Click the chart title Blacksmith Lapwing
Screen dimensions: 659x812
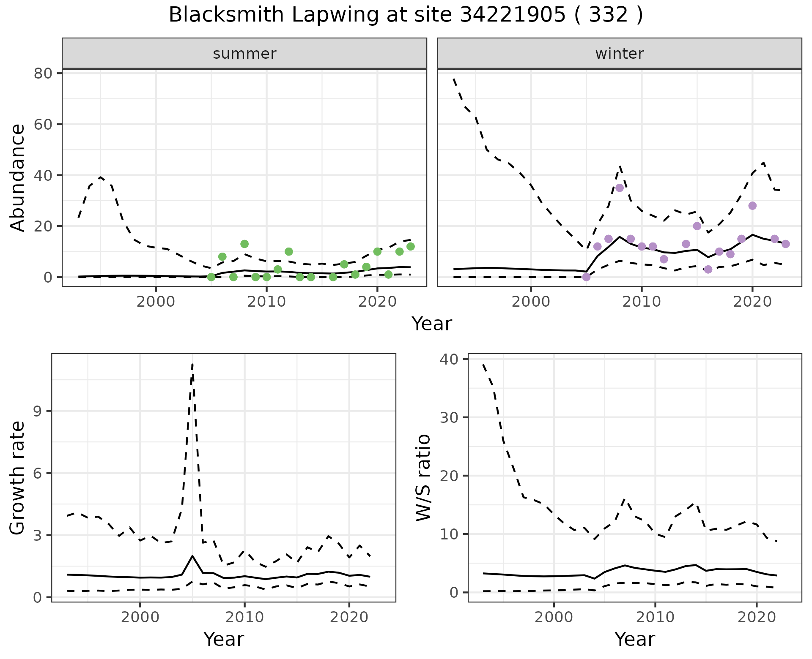click(x=406, y=15)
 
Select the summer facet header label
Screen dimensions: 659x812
click(x=244, y=54)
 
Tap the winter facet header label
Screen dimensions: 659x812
click(x=619, y=54)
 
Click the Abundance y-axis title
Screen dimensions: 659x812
click(x=18, y=177)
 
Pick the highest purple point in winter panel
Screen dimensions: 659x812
click(x=620, y=188)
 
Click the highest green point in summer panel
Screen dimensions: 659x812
click(x=244, y=244)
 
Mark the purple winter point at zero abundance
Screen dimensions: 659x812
click(x=586, y=277)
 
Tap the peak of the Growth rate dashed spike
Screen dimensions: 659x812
click(x=192, y=364)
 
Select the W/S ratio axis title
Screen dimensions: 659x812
click(x=423, y=477)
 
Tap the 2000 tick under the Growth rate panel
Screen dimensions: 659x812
click(x=140, y=617)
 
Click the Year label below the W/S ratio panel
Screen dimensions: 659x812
click(x=634, y=639)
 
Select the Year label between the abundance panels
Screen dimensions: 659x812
click(x=432, y=324)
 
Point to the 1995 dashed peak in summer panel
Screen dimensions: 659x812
click(x=101, y=177)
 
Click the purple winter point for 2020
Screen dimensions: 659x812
click(x=752, y=206)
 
